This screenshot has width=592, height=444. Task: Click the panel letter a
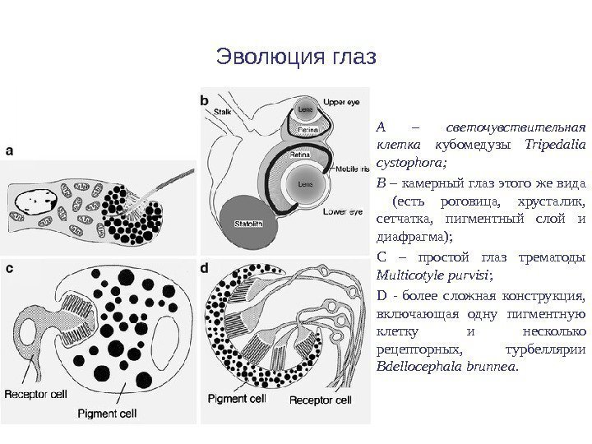[11, 151]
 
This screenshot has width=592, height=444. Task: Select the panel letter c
[10, 268]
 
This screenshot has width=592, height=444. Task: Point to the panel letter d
[206, 268]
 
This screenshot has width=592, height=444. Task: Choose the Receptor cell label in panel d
[321, 400]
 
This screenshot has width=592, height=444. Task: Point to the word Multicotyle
[407, 273]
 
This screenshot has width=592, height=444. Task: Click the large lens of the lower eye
[302, 183]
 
